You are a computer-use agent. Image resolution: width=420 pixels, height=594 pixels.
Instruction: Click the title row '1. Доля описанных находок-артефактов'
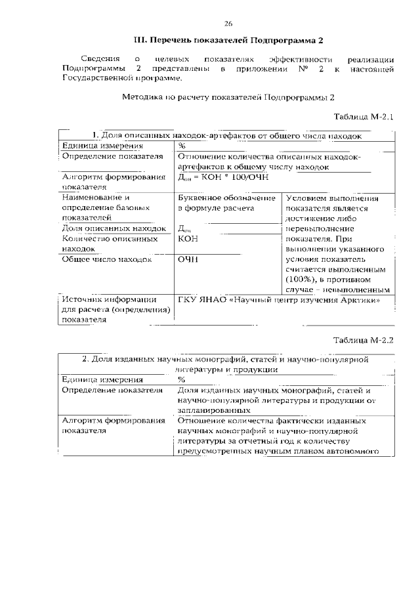(x=227, y=136)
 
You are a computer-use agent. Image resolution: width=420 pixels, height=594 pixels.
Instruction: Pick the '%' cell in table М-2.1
(x=182, y=146)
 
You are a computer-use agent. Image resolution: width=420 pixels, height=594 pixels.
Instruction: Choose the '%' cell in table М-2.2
(x=182, y=379)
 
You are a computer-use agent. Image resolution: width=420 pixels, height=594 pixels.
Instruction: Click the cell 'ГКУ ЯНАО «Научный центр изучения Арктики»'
(x=279, y=301)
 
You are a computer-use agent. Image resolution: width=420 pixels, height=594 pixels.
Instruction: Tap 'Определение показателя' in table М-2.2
(x=112, y=390)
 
